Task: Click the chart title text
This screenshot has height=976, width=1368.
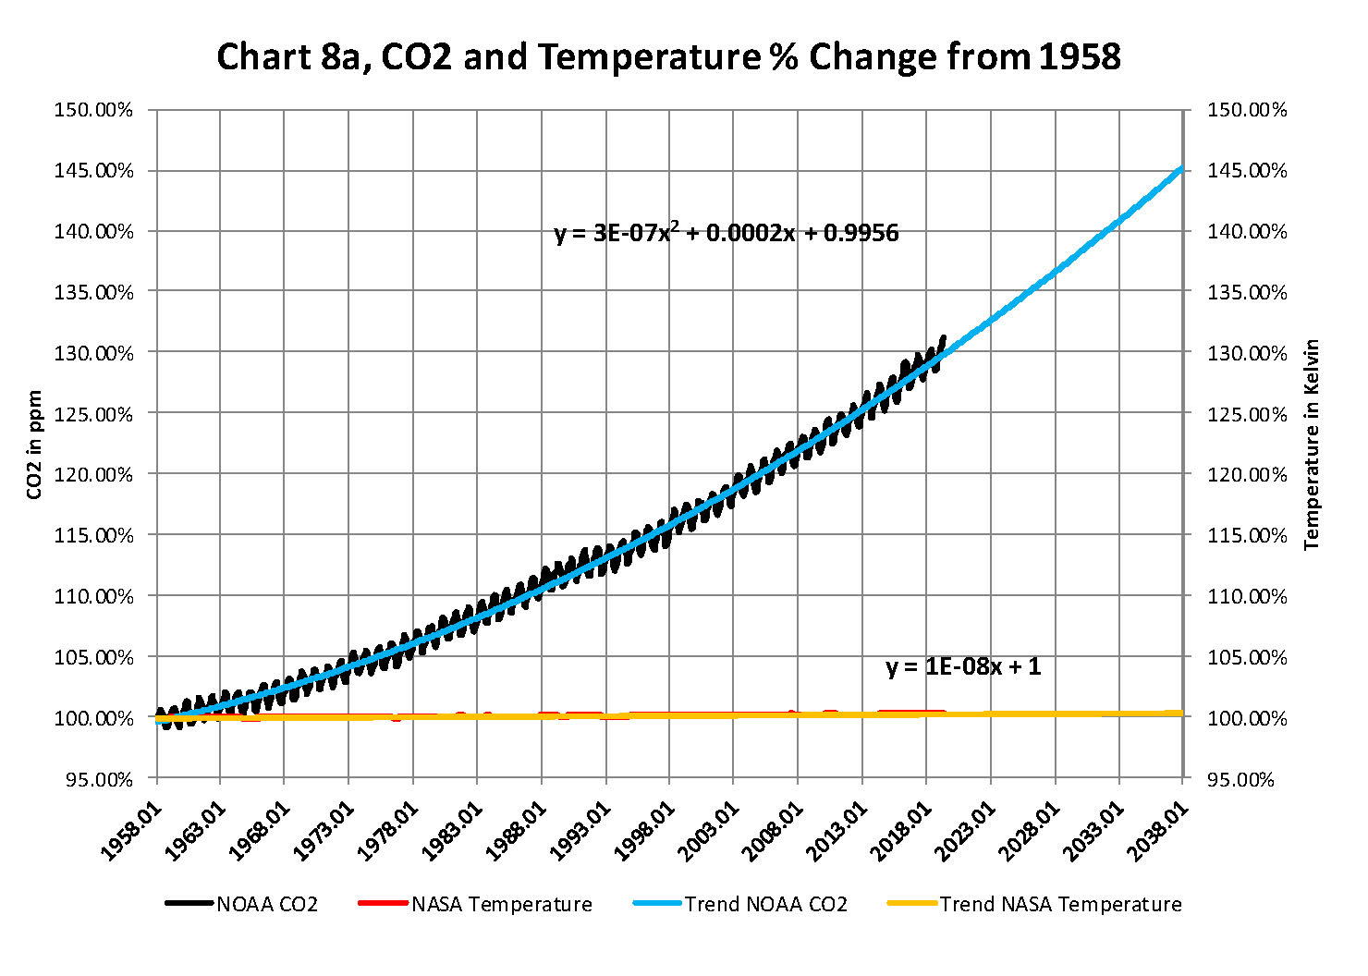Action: [668, 57]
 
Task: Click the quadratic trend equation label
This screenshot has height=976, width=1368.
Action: [726, 232]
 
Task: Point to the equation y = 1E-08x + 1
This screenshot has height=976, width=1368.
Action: [963, 666]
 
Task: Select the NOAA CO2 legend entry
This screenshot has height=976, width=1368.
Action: [242, 904]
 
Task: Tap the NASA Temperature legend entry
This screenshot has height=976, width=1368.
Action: [475, 904]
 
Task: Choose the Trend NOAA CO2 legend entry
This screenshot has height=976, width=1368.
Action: [741, 904]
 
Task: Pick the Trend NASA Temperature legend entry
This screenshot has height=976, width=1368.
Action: [1034, 904]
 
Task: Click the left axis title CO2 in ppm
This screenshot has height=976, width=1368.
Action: [35, 444]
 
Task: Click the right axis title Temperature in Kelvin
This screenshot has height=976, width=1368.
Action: [1312, 445]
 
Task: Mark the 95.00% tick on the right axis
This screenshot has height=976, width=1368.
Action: [1246, 779]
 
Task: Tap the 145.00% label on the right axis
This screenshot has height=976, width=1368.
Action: [1246, 171]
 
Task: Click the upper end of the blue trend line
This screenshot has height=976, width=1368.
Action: [1181, 168]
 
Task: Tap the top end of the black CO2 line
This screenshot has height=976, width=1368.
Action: [943, 337]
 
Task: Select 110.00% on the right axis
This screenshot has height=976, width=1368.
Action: [1246, 596]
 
